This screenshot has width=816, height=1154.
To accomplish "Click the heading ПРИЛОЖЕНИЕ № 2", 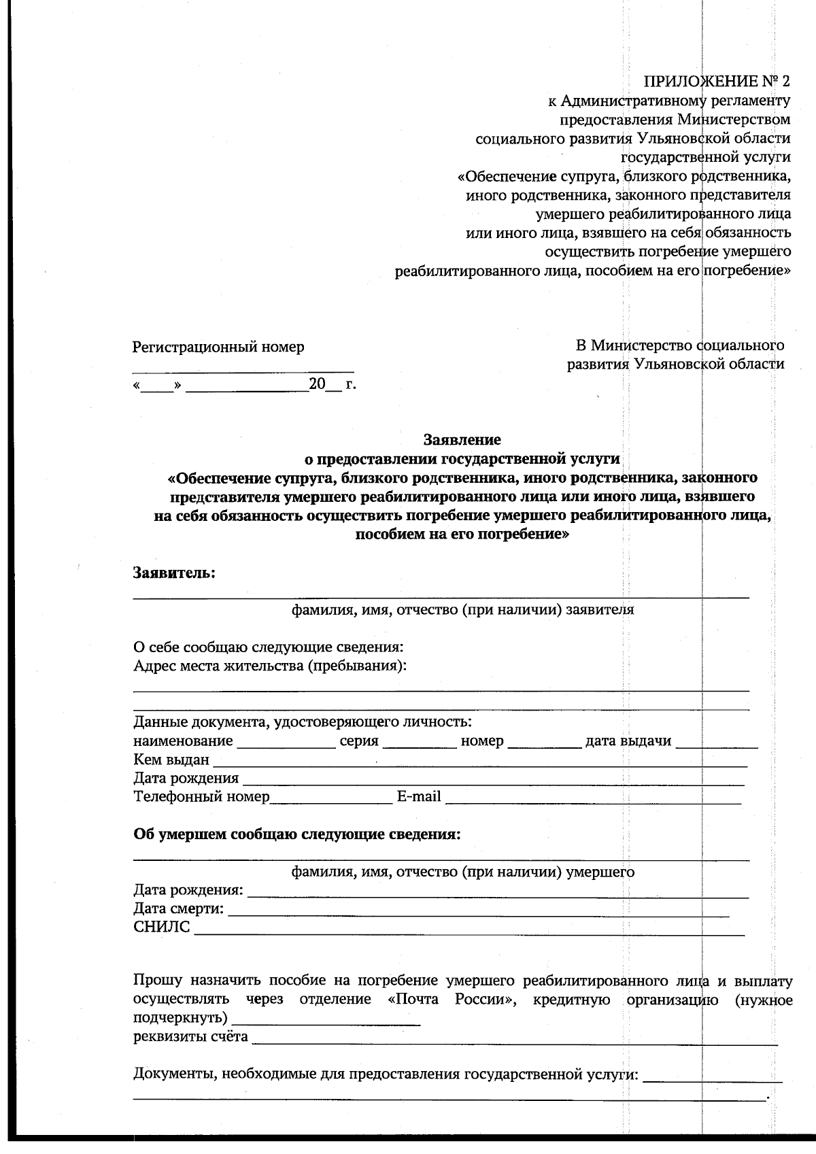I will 717,82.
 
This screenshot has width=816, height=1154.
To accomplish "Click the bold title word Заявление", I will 462,439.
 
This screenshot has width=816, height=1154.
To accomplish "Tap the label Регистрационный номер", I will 218,347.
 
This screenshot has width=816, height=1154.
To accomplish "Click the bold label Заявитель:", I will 174,573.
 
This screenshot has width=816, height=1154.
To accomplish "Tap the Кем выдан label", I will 171,760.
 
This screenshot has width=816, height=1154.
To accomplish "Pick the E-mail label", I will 419,796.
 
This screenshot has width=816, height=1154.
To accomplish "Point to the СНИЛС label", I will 162,928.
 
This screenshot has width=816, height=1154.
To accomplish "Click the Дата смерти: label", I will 178,909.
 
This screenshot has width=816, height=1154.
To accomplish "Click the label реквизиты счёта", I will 190,1037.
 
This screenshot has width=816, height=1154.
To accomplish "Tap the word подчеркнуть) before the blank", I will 180,1019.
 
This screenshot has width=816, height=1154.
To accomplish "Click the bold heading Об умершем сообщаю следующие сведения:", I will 296,834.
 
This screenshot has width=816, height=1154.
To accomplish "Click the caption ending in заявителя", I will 462,610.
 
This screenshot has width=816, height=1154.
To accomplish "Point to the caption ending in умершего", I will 462,872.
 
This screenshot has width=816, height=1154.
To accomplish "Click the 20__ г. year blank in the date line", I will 332,385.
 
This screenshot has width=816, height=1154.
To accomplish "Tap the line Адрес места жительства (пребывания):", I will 270,665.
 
